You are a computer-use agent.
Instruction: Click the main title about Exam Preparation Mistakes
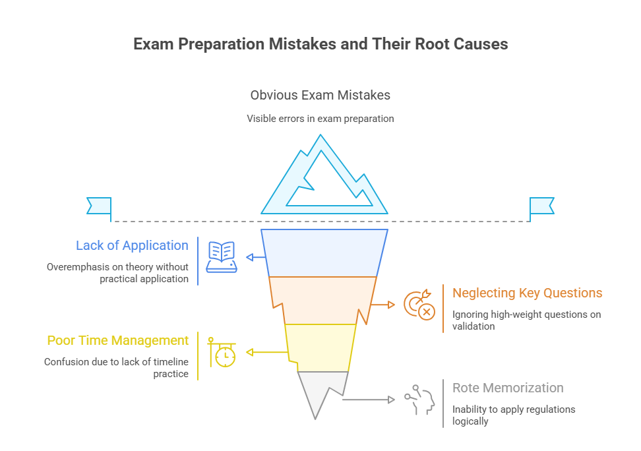[x=320, y=44]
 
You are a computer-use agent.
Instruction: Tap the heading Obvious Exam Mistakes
[x=320, y=95]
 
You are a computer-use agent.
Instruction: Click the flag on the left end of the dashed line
[x=99, y=206]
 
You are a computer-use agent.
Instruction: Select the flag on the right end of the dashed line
[x=542, y=206]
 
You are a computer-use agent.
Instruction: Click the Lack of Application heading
[x=132, y=245]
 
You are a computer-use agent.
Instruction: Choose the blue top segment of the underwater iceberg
[x=324, y=253]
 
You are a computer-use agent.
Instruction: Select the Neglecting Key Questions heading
[x=527, y=293]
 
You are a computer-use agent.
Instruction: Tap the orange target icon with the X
[x=419, y=305]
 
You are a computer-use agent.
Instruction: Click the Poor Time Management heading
[x=118, y=340]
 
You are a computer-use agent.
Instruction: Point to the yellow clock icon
[x=222, y=352]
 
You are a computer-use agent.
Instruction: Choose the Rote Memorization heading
[x=508, y=388]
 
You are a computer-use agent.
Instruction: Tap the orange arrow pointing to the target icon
[x=382, y=305]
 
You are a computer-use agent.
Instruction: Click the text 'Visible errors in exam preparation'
[x=320, y=119]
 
